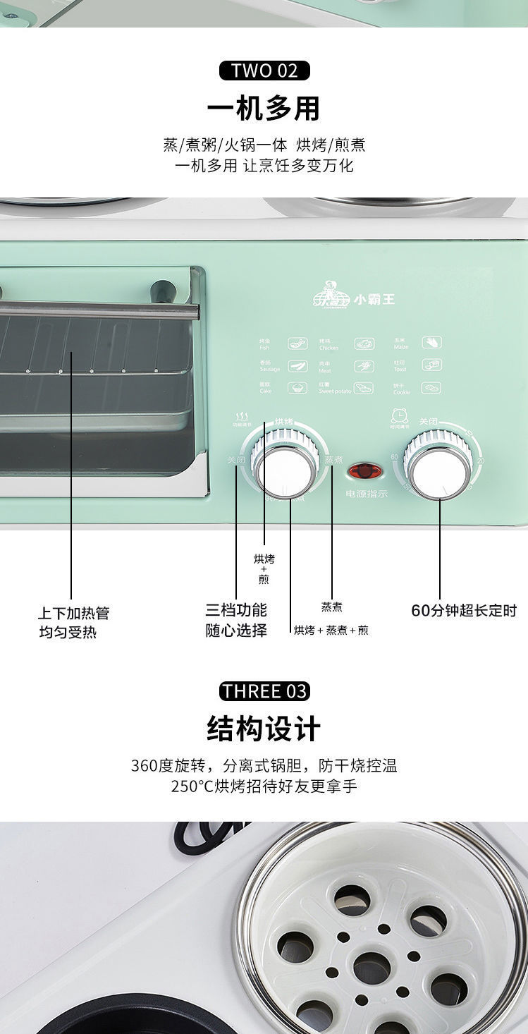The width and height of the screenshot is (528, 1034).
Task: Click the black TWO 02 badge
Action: click(264, 71)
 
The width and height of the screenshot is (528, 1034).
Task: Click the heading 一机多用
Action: click(264, 109)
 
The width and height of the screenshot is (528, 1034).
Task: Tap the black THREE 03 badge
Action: click(264, 691)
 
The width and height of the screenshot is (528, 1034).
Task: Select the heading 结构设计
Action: click(264, 729)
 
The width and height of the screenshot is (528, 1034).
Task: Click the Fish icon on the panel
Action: click(297, 344)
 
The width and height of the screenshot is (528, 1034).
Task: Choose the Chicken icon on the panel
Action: click(364, 344)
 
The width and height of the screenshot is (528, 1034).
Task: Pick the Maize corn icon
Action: click(431, 343)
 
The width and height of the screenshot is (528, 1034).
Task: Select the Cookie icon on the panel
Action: click(431, 388)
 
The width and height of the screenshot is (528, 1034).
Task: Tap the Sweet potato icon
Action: click(364, 388)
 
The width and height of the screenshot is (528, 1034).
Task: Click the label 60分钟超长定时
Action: click(464, 611)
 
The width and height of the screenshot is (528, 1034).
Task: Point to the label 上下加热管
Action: click(74, 613)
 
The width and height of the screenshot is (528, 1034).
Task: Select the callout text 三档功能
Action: click(236, 610)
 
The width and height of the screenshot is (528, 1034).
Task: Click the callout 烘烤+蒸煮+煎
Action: click(331, 630)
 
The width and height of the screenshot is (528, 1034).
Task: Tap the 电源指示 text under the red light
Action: click(367, 494)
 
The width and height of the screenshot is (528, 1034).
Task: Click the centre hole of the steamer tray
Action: click(374, 964)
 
